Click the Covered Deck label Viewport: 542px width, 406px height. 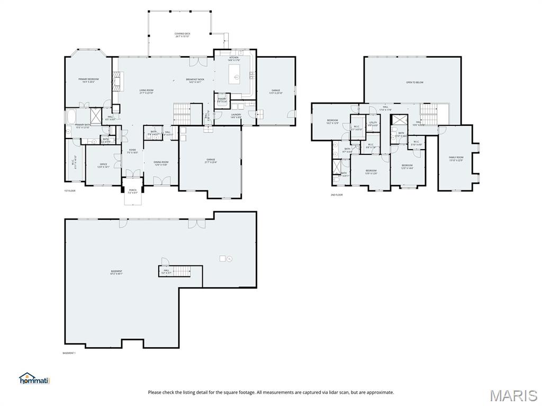182,35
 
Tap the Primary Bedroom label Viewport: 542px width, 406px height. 88,80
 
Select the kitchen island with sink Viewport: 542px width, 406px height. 234,75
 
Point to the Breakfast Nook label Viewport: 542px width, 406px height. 195,80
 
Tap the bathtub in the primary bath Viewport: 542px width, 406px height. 70,116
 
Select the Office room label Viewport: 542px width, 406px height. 103,165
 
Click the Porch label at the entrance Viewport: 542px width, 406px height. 132,191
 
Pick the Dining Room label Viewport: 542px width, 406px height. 160,163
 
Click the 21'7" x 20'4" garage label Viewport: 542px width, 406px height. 210,160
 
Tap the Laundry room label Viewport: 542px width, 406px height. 236,116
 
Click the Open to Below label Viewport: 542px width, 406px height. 414,82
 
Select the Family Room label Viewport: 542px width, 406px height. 456,158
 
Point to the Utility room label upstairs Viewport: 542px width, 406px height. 373,124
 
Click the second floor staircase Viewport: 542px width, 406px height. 428,112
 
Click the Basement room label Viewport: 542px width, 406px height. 116,272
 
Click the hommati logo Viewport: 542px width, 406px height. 33,379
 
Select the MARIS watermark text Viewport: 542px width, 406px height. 513,395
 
